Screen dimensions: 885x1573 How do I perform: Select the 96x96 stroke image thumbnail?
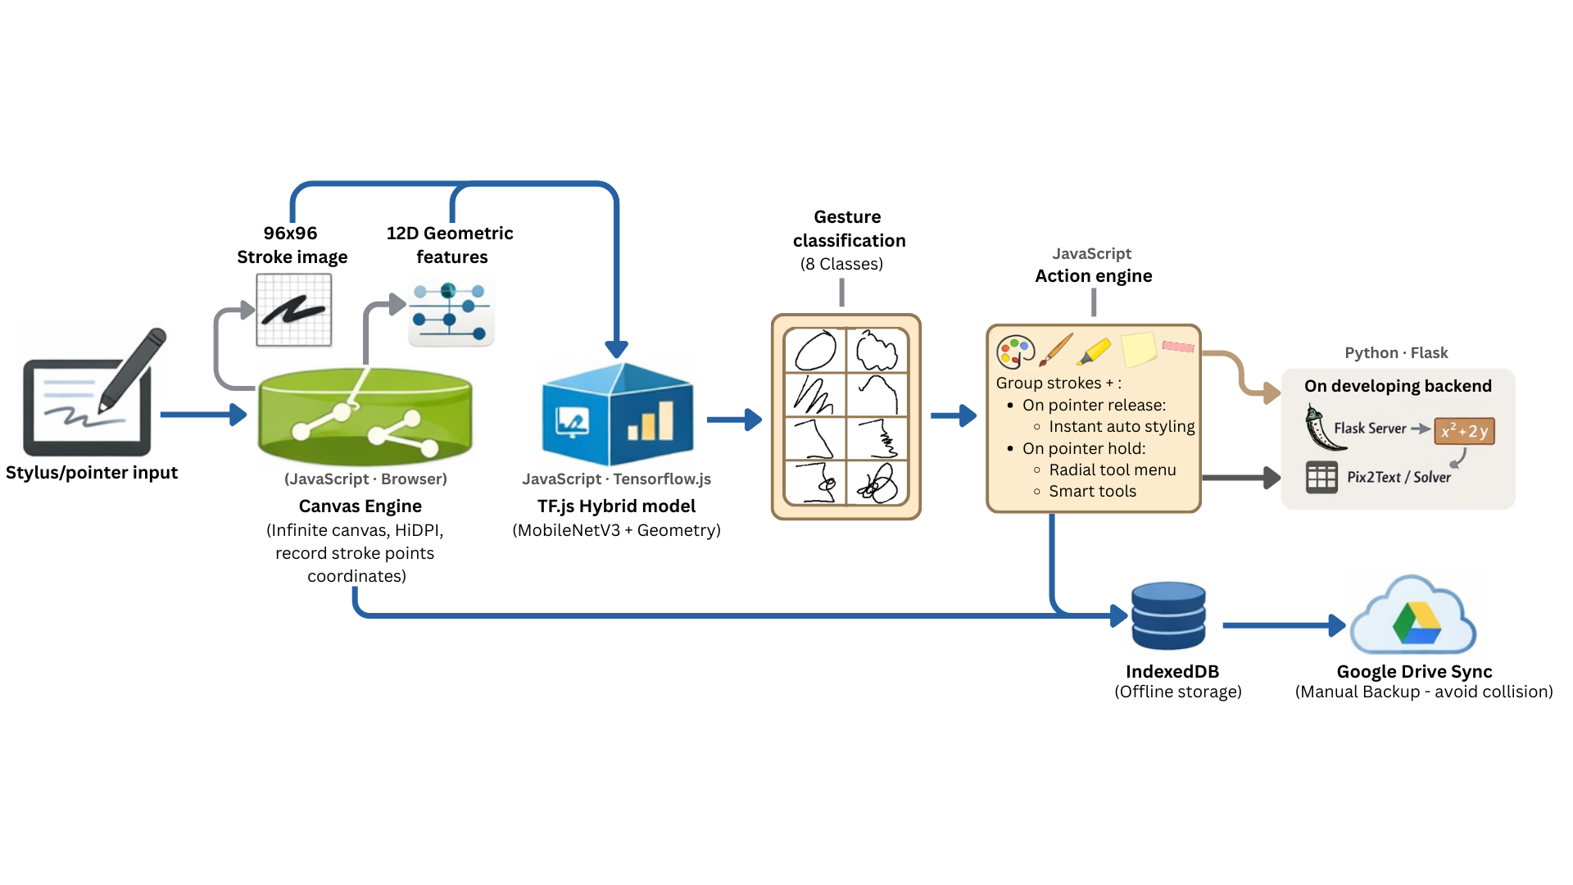pyautogui.click(x=293, y=311)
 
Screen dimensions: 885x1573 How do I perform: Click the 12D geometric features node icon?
pyautogui.click(x=451, y=313)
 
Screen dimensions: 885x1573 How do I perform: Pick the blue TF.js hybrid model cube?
pyautogui.click(x=617, y=416)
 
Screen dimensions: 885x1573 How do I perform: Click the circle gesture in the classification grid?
pyautogui.click(x=815, y=351)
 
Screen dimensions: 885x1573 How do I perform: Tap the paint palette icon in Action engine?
pyautogui.click(x=1014, y=352)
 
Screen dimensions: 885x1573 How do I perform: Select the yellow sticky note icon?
pyautogui.click(x=1138, y=349)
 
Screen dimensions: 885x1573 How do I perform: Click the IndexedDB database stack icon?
pyautogui.click(x=1167, y=616)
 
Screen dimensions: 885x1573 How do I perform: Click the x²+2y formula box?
pyautogui.click(x=1464, y=431)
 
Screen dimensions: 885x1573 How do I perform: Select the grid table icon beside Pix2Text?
pyautogui.click(x=1321, y=477)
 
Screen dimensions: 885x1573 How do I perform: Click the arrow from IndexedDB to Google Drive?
pyautogui.click(x=1282, y=625)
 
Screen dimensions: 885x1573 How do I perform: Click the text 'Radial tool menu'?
pyautogui.click(x=1112, y=470)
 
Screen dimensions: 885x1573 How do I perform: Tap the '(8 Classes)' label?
pyautogui.click(x=841, y=264)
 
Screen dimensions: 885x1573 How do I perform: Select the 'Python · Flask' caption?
pyautogui.click(x=1396, y=353)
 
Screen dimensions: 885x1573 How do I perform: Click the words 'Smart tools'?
pyautogui.click(x=1092, y=491)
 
